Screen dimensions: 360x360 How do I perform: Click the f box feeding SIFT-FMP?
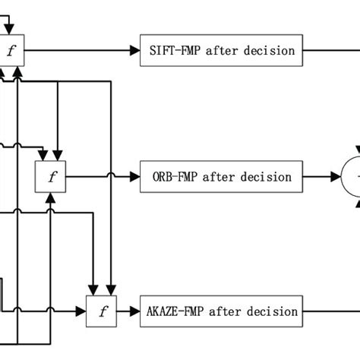coord(11,52)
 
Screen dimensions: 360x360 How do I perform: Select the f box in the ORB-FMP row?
coord(52,177)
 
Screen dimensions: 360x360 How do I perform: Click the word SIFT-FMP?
coord(175,51)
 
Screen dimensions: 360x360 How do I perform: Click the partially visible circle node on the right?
coord(350,177)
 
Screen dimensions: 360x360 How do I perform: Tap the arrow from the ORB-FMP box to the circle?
coord(319,177)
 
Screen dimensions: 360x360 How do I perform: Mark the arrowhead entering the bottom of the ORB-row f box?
coord(51,196)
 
